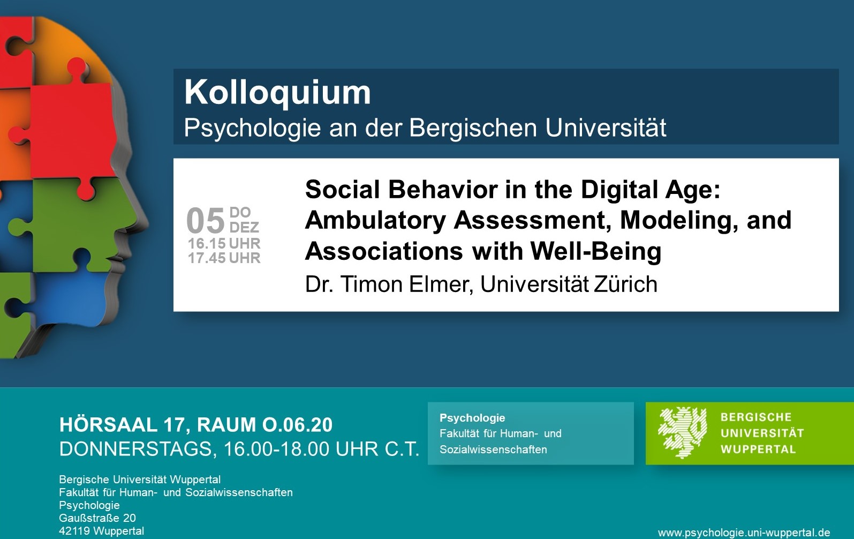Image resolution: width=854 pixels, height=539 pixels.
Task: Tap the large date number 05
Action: (x=206, y=221)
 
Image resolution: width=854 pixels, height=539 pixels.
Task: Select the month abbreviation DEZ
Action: (x=244, y=227)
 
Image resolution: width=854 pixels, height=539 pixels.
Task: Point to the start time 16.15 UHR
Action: (x=224, y=243)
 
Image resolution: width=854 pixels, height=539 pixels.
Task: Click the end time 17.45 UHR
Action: (x=224, y=258)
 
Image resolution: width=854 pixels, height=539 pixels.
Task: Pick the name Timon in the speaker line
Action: (x=371, y=284)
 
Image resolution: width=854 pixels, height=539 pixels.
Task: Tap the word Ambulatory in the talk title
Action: (x=375, y=221)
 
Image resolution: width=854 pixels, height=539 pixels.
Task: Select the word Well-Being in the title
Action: (x=596, y=252)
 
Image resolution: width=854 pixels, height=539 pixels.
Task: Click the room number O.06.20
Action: (x=297, y=425)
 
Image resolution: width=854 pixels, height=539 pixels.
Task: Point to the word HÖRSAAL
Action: (x=108, y=424)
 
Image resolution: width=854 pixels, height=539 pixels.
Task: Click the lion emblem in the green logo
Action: (x=683, y=432)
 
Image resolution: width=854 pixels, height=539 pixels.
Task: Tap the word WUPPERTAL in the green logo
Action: (x=758, y=450)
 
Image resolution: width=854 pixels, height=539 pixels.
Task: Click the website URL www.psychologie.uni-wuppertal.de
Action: (x=744, y=533)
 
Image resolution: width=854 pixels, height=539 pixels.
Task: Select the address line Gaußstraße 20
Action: (x=97, y=518)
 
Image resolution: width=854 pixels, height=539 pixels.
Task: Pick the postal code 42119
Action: (x=74, y=531)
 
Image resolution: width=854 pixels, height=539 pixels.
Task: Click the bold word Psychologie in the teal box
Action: (x=472, y=418)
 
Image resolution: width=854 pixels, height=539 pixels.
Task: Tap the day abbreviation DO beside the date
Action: (x=240, y=212)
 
